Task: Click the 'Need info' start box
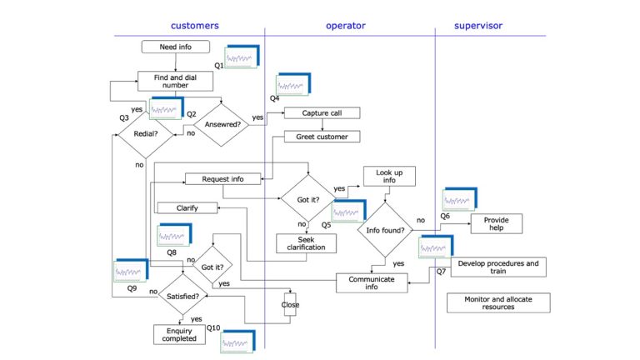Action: point(175,47)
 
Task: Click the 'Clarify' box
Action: point(187,207)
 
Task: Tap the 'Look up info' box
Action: point(388,176)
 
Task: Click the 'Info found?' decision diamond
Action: point(387,230)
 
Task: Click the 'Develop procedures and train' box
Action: point(498,267)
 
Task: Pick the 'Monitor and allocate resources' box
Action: point(497,302)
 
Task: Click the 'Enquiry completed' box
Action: point(179,334)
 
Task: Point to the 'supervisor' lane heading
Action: point(478,26)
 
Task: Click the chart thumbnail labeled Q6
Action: point(460,198)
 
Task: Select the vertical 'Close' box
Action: point(290,305)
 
